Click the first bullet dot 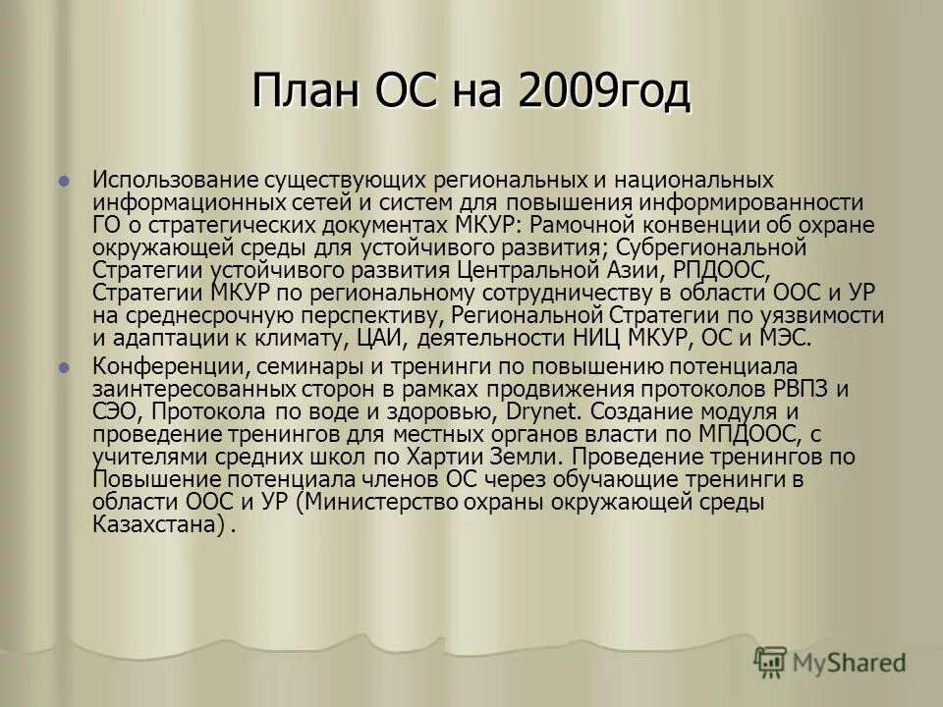(x=65, y=182)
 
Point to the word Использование (x=173, y=181)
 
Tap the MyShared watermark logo (x=831, y=661)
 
